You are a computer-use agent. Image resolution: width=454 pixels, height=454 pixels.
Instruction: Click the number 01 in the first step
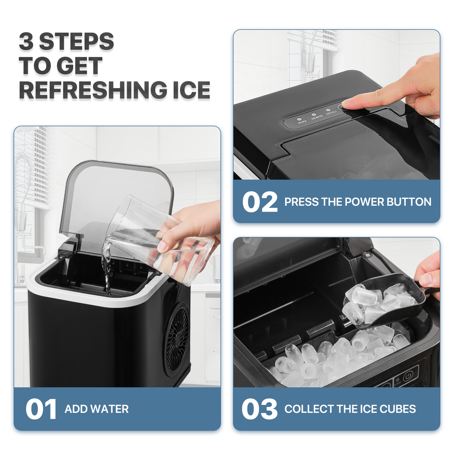pos(41,409)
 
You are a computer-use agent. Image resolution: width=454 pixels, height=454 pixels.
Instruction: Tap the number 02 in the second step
pos(260,202)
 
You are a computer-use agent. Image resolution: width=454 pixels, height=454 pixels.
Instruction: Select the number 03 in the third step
pos(259,409)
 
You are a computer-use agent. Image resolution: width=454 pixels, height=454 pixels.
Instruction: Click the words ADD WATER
pos(96,409)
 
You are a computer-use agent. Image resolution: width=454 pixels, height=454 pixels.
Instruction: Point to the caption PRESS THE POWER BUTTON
pos(358,202)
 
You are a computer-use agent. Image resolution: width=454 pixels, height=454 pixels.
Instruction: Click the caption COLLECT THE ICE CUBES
pos(350,409)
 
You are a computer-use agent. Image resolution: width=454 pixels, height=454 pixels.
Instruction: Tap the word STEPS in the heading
pos(76,41)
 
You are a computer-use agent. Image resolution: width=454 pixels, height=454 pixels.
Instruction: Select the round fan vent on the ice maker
pos(178,341)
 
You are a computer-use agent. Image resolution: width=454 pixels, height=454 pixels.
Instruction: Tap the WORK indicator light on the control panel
pos(299,120)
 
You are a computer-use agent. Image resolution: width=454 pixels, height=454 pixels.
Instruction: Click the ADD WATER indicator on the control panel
pos(314,115)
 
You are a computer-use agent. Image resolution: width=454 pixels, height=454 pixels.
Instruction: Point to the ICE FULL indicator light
pos(328,111)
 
